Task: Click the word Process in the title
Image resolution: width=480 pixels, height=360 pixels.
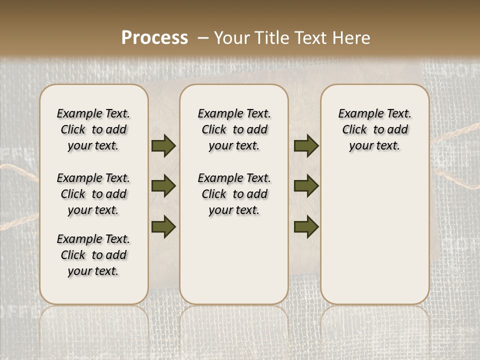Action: point(154,38)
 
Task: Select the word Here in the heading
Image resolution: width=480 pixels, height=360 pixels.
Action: point(353,38)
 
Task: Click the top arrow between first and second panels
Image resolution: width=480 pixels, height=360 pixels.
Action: point(163,145)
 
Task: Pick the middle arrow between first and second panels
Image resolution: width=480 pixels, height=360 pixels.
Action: point(163,186)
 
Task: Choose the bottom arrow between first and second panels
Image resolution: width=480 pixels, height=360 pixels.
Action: point(163,226)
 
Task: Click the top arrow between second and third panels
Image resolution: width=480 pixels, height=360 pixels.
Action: point(306,145)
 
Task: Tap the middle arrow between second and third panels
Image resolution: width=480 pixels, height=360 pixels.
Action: point(306,186)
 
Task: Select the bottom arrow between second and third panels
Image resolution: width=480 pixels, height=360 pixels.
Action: point(306,226)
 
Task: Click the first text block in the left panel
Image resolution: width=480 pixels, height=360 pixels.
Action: point(93,129)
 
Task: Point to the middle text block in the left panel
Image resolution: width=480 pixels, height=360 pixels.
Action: point(93,194)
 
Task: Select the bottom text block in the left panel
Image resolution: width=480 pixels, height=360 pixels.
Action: point(93,255)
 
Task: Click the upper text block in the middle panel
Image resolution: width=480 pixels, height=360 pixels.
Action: point(234,129)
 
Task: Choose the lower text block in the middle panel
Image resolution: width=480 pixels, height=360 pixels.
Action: point(234,194)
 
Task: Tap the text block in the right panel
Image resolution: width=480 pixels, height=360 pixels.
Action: point(374,129)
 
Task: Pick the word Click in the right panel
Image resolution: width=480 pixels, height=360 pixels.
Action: point(354,130)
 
